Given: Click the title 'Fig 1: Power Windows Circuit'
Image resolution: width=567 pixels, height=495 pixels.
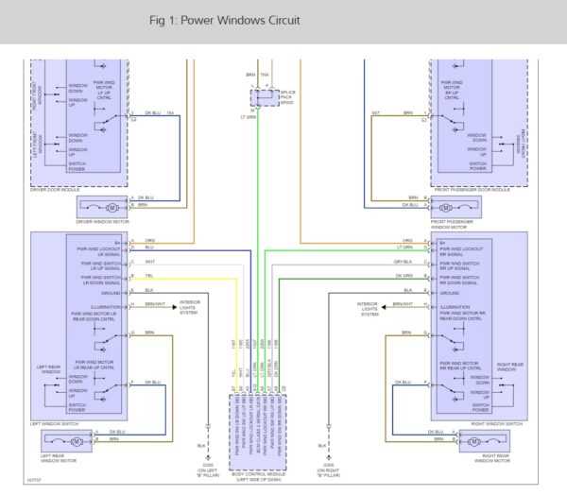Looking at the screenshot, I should point(225,20).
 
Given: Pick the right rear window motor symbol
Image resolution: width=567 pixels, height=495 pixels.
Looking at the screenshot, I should point(492,439).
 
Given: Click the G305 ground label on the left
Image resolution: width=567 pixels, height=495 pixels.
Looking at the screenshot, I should point(199,463).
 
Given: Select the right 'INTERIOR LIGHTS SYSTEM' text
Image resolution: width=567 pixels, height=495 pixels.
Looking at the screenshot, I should point(370,309).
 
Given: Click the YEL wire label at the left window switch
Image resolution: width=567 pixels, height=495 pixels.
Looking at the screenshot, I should point(149,277).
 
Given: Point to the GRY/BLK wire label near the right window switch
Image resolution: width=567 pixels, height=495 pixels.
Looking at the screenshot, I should point(404,262).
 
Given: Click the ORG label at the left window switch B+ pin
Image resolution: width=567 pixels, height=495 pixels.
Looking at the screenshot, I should point(149,240).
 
